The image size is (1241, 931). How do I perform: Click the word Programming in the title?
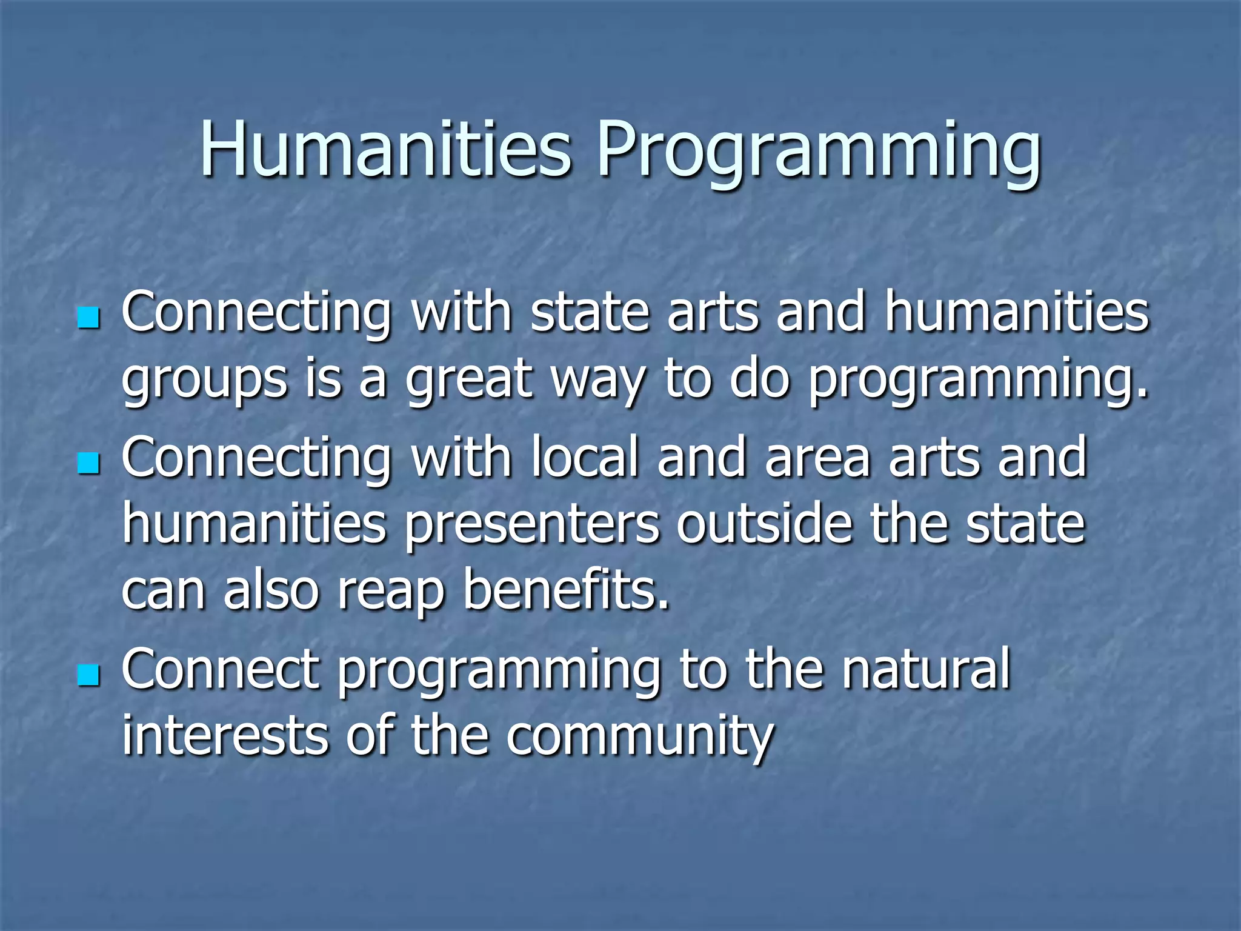pos(819,152)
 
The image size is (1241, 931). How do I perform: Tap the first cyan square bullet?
pos(88,318)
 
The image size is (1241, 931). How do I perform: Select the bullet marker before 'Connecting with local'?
pos(88,464)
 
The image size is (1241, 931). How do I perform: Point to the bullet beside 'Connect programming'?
pos(88,675)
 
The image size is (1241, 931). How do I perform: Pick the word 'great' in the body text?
pos(468,382)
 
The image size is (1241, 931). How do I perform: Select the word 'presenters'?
pos(531,526)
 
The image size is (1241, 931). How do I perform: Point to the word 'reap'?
pos(391,593)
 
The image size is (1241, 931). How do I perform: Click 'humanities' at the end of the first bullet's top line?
pos(1016,313)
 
